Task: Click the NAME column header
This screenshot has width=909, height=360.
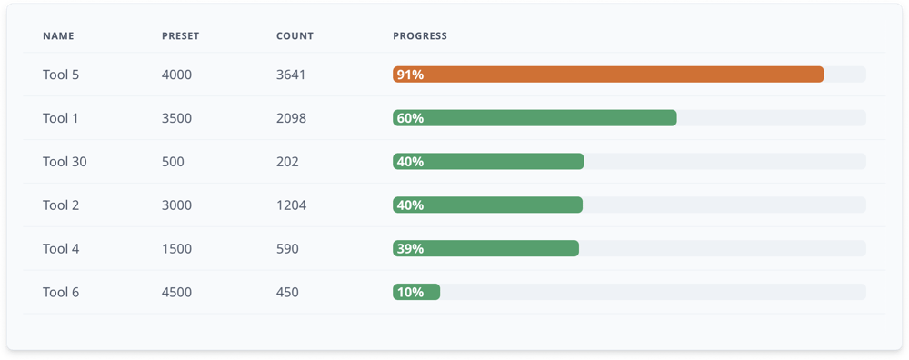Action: tap(58, 36)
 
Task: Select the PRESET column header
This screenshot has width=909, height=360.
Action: tap(180, 36)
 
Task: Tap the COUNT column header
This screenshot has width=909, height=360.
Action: tap(295, 36)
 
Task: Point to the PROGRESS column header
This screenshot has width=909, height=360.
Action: tap(419, 36)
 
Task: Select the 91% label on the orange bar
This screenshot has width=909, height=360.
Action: tap(410, 75)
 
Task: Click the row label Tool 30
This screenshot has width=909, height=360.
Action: tap(65, 162)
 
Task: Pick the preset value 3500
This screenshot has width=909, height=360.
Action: tap(176, 118)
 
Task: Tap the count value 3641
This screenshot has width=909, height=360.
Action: tap(291, 75)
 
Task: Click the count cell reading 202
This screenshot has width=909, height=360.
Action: tap(287, 162)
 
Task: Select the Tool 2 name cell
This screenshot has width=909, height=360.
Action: tap(61, 205)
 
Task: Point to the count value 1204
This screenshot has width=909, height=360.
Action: tap(291, 205)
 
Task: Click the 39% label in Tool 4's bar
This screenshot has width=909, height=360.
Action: tap(410, 249)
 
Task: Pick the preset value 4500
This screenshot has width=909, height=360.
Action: tap(176, 293)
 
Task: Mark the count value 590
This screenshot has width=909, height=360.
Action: tap(287, 249)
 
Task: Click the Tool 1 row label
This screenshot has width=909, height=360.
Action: tap(61, 118)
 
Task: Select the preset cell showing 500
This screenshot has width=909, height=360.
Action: tap(173, 162)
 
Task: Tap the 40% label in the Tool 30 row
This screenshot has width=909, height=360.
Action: tap(410, 162)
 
